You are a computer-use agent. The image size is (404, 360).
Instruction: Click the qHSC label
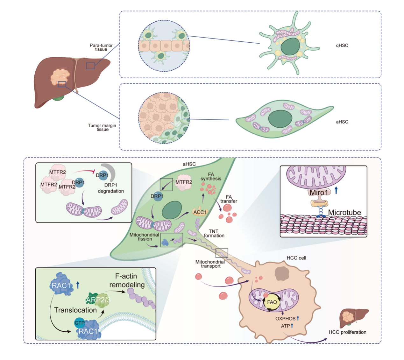[342, 46]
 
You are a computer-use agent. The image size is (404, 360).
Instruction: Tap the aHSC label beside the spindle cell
[342, 122]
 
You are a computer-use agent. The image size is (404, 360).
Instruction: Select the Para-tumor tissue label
[101, 47]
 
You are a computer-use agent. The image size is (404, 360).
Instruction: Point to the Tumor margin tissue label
[102, 127]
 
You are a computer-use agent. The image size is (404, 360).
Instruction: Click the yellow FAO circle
[272, 302]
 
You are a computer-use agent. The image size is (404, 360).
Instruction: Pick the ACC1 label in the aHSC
[200, 212]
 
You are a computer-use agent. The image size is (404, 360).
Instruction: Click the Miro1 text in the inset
[319, 192]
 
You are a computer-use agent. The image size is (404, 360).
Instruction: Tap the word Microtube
[344, 212]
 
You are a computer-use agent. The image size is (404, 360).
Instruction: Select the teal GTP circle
[79, 323]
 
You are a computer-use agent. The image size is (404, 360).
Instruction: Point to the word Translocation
[75, 310]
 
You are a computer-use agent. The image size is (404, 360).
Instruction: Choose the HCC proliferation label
[347, 332]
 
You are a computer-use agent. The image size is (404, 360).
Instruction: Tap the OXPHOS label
[285, 318]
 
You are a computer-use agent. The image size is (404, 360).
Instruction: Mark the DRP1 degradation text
[111, 188]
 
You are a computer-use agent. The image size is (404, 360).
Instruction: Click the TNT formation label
[214, 233]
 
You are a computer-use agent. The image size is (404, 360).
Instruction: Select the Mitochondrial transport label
[210, 264]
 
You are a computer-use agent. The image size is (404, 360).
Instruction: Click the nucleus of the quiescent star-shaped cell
[290, 46]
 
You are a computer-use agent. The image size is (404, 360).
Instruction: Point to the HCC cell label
[296, 258]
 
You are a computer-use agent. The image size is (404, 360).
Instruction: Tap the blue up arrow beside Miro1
[336, 190]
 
